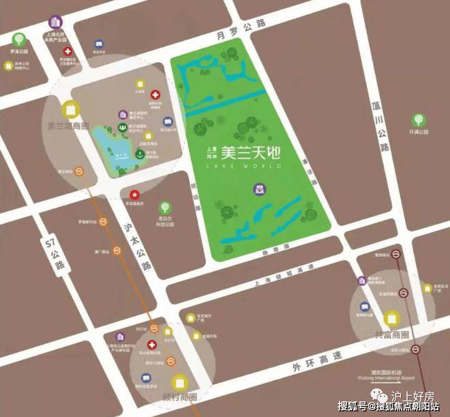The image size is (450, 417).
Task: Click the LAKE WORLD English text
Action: point(246,168)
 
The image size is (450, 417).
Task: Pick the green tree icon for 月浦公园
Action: point(417,120)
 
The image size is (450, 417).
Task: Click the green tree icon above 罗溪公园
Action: point(18,39)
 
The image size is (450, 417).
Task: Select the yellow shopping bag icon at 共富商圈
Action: point(392,317)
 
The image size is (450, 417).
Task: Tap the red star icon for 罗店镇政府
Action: point(135,195)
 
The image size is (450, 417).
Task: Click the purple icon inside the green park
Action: point(260,188)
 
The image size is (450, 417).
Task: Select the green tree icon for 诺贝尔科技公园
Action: point(164,207)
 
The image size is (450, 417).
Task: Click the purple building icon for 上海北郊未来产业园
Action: point(55,23)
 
